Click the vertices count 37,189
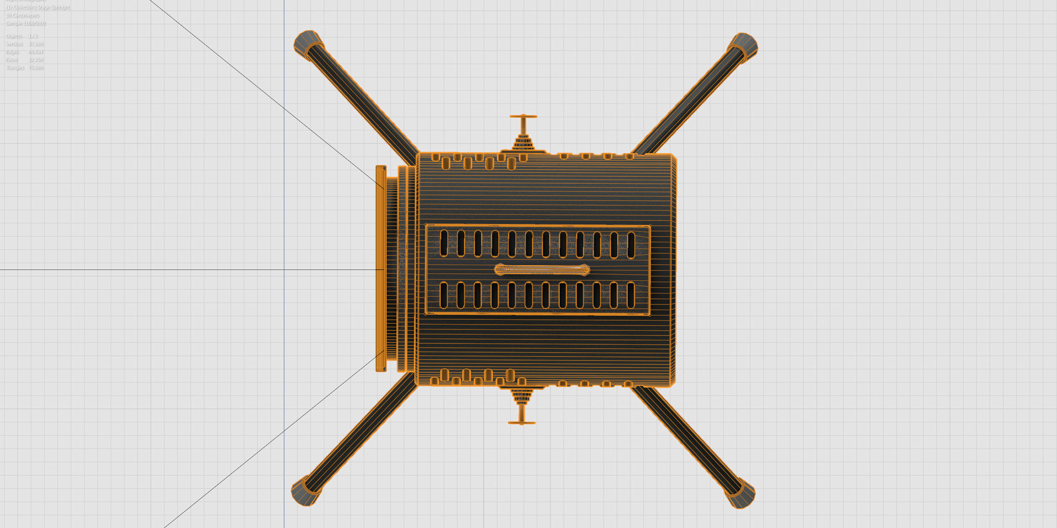click(x=36, y=44)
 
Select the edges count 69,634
click(x=36, y=52)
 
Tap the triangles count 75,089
click(x=36, y=68)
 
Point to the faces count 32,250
click(x=36, y=60)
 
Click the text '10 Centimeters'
click(x=22, y=15)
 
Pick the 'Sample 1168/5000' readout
click(x=26, y=23)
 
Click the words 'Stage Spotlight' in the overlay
click(x=53, y=7)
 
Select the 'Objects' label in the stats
click(x=14, y=36)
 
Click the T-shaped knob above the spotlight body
click(x=523, y=117)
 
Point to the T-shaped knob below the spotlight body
click(x=522, y=422)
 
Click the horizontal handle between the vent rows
click(x=542, y=270)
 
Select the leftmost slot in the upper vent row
click(x=444, y=243)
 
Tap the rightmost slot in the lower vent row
click(x=631, y=295)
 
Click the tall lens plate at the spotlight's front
click(x=381, y=268)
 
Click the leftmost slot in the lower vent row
click(x=443, y=295)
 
